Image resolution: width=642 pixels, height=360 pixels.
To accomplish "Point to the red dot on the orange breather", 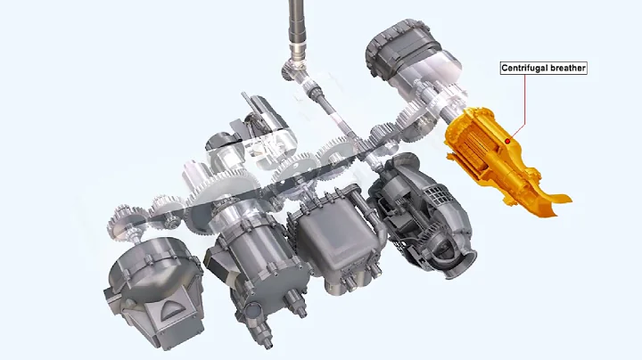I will pyautogui.click(x=507, y=139).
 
